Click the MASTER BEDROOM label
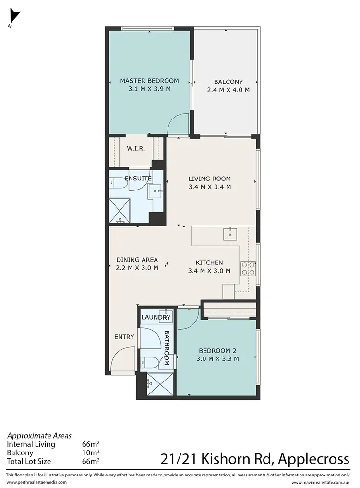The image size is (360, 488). point(149,81)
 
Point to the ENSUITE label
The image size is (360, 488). point(138,179)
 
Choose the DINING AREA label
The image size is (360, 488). point(137,260)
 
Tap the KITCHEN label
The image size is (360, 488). point(209,262)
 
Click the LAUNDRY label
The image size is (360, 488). point(156,317)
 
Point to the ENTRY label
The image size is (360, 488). point(124,337)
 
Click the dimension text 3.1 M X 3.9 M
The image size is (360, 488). point(149,89)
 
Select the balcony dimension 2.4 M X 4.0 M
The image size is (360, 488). point(228,90)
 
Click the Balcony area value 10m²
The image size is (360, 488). point(91,452)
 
